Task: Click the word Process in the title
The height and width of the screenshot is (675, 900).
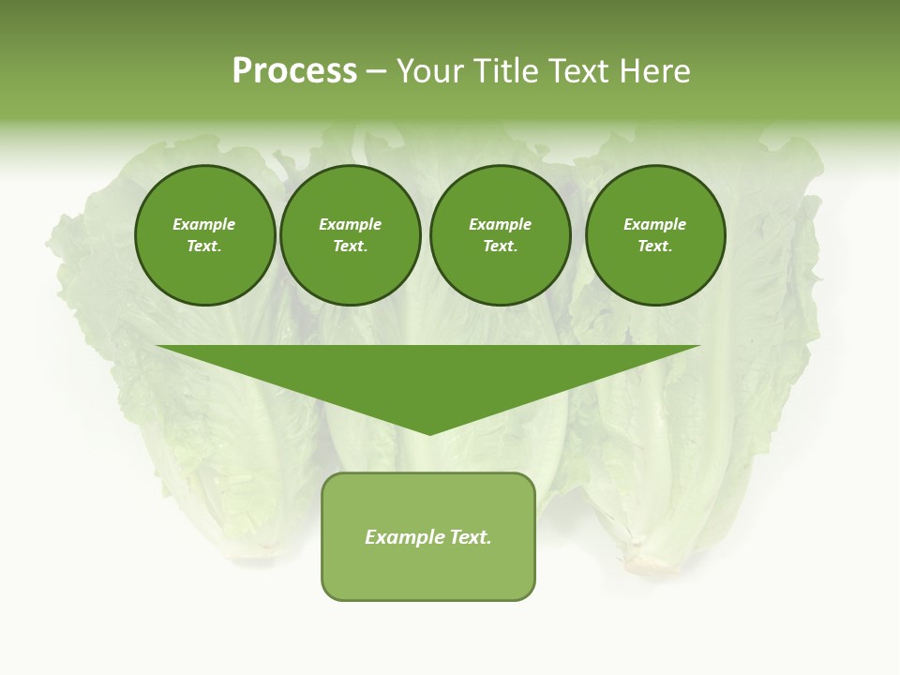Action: pos(294,71)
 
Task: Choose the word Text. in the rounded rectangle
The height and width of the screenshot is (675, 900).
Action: pos(470,537)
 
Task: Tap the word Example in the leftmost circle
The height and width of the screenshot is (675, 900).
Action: pos(204,224)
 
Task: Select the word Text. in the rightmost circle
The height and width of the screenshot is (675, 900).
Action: pos(654,246)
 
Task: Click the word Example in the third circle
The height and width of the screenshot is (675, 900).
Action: pos(500,224)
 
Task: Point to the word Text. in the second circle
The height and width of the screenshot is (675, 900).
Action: pos(350,246)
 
